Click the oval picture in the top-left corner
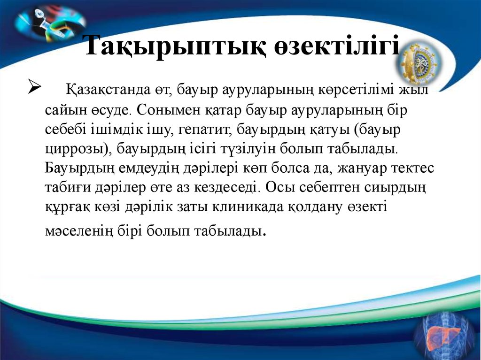click(x=50, y=22)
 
